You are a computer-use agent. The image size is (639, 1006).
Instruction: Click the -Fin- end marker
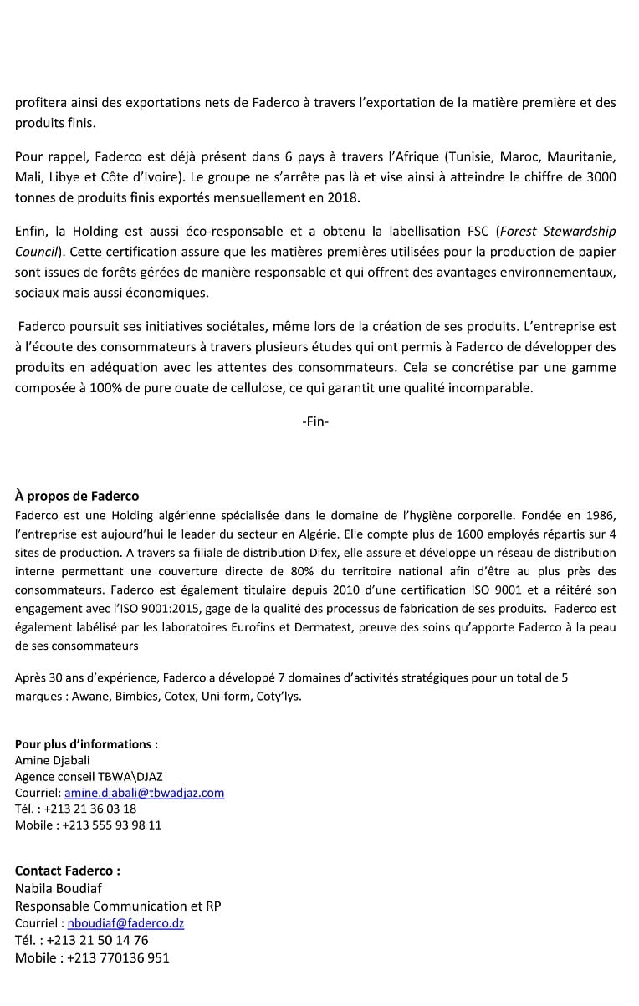(x=315, y=422)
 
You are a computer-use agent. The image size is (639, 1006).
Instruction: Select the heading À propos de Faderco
(x=77, y=497)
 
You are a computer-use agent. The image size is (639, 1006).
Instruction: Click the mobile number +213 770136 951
(x=118, y=958)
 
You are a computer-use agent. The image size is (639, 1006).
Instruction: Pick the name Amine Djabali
(x=49, y=760)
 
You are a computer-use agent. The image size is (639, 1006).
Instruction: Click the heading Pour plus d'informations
(x=86, y=744)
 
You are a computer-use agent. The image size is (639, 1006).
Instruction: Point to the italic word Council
(x=37, y=251)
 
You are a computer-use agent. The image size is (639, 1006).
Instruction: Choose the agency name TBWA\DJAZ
(x=131, y=776)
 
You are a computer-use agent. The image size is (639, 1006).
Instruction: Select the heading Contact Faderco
(x=68, y=871)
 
